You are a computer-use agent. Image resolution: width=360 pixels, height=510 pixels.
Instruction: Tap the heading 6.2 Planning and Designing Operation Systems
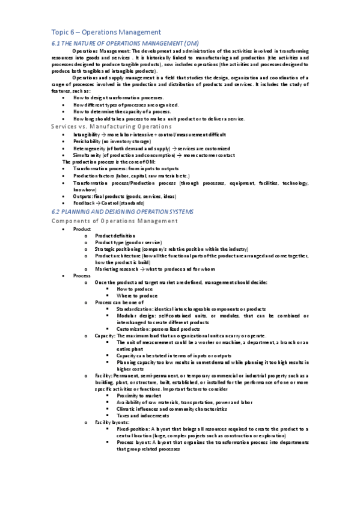click(123, 212)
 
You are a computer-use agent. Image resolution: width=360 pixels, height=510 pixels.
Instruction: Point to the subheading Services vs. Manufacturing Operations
click(111, 126)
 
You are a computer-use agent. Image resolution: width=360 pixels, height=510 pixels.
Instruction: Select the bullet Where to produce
click(137, 295)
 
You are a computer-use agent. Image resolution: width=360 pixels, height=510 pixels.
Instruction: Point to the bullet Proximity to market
click(141, 395)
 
